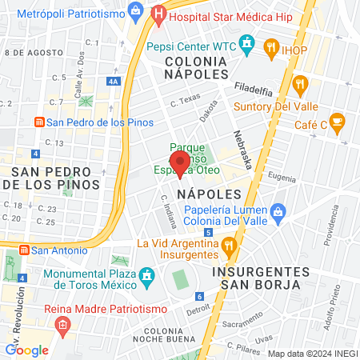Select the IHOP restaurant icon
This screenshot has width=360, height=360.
pos(272,50)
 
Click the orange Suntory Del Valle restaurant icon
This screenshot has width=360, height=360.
pos(301,84)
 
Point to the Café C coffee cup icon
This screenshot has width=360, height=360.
pos(338,122)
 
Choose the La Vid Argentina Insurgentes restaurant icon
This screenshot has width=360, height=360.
pos(229,243)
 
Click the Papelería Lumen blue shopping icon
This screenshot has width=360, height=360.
pos(278,211)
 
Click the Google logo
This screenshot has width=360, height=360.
pos(26,350)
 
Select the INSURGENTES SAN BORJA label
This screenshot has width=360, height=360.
pos(256,278)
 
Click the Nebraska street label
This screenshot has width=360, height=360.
pos(244,150)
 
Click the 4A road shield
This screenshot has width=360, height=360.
pos(114,81)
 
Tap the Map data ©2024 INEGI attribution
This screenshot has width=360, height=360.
pos(310,354)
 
